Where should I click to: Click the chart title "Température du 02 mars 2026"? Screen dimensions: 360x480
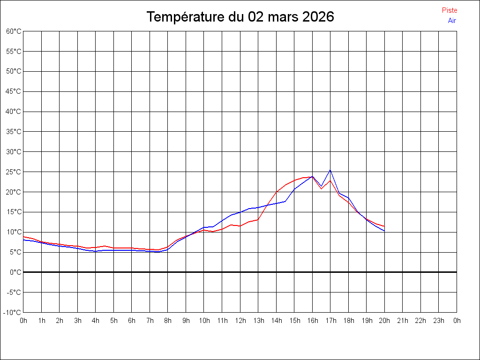point(240,17)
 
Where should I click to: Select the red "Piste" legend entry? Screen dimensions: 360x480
point(450,10)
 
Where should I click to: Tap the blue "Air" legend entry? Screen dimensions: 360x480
point(452,20)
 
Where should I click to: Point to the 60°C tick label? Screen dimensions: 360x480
point(14,31)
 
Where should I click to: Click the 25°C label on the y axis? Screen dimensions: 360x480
point(14,172)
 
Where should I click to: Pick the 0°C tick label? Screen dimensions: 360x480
point(15,272)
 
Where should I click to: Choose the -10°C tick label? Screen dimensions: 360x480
point(13,312)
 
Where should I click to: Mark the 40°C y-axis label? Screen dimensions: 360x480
point(14,112)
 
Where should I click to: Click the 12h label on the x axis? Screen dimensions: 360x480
point(240,321)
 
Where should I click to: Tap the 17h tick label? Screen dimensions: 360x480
point(330,321)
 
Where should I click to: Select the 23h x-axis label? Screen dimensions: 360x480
point(439,321)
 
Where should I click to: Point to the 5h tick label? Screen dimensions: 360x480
point(114,321)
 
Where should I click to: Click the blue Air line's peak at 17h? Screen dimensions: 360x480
point(330,170)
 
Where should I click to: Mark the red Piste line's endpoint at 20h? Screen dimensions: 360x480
point(384,226)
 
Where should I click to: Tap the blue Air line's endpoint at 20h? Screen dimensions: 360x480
point(384,231)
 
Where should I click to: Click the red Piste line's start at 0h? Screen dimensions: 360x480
point(24,237)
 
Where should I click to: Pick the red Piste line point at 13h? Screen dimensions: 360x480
point(258,219)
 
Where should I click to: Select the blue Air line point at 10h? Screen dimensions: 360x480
point(204,227)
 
